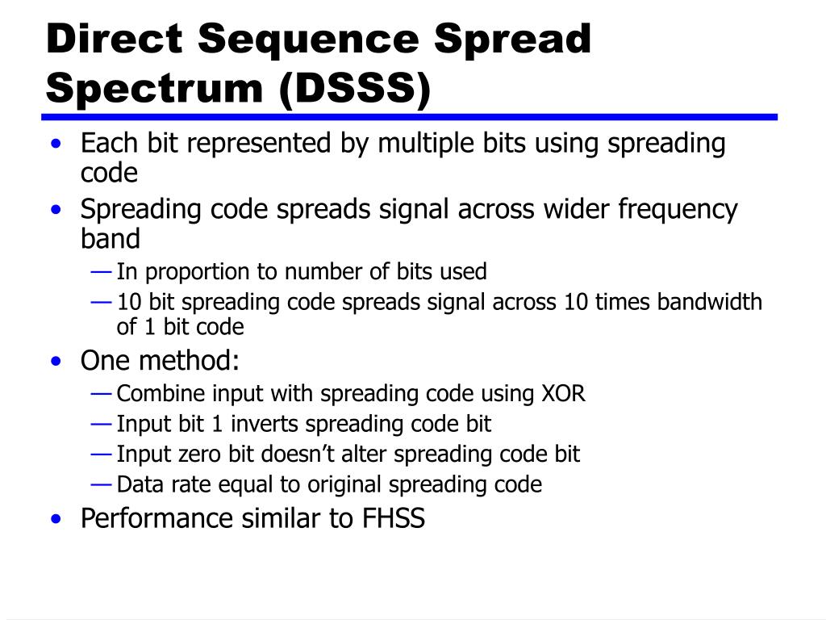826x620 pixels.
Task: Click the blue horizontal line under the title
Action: click(411, 117)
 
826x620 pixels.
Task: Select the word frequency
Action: click(678, 210)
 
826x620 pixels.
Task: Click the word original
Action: click(344, 484)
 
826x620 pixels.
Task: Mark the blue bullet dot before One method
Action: click(55, 362)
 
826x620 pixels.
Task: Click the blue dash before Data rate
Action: click(102, 484)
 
